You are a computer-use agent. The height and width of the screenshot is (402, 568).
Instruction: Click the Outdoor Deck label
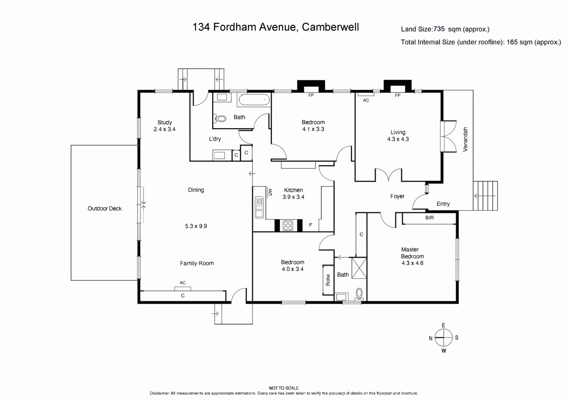tap(105, 208)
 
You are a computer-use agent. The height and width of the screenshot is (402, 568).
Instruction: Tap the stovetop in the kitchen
tap(288, 226)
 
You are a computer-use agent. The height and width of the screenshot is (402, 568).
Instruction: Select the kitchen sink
tap(259, 207)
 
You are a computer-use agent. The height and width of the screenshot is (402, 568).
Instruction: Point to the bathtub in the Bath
tap(254, 100)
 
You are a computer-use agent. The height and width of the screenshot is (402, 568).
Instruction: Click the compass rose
tap(443, 337)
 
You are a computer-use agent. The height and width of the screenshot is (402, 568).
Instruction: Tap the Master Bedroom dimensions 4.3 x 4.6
tap(412, 263)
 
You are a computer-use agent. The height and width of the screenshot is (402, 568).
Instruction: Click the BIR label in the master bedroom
tap(429, 218)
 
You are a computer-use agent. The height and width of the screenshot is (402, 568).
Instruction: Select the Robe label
tap(328, 280)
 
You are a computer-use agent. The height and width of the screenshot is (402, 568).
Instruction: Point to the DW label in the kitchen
tap(270, 192)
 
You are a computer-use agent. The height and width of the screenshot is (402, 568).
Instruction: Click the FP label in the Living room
tap(398, 96)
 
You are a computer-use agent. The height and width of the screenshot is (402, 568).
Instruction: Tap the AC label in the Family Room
tap(183, 283)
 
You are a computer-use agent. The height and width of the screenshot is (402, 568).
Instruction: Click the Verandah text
tap(465, 139)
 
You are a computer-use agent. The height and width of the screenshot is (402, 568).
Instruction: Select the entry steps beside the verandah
tap(485, 196)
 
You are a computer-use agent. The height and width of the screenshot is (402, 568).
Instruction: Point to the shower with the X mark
tap(359, 268)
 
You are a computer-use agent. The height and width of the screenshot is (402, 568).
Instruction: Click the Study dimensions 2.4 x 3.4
tap(164, 129)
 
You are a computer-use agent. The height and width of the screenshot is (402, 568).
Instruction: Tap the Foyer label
tap(397, 196)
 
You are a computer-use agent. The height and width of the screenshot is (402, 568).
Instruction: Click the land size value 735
tap(439, 29)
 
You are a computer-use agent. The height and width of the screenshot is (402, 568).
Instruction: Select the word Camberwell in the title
tap(330, 27)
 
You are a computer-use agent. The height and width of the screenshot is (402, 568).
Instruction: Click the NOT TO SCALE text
tap(284, 388)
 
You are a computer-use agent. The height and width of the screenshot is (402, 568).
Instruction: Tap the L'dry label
tap(215, 139)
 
